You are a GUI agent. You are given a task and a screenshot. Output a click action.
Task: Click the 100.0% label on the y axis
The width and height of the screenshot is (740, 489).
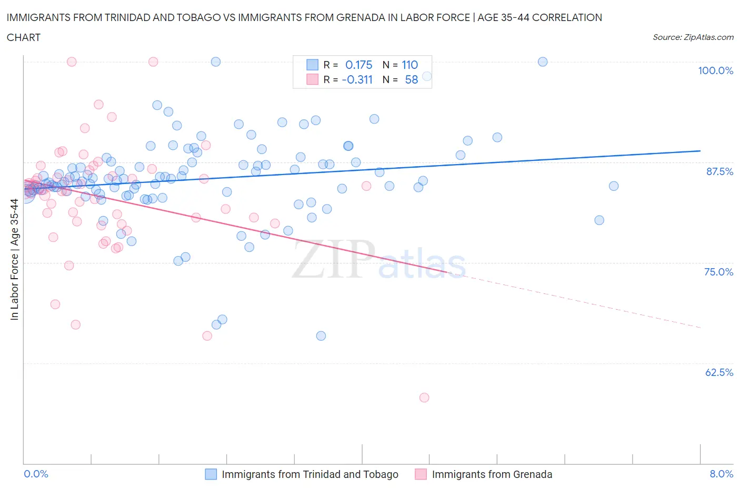715,70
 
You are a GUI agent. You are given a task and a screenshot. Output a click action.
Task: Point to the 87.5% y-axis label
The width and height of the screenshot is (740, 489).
719,171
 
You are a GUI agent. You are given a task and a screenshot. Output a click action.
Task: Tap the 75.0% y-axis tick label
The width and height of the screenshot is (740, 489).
718,272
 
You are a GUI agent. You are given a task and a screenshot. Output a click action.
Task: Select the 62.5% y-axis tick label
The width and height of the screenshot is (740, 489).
719,372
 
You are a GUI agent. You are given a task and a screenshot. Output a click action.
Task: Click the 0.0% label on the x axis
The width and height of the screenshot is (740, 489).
36,474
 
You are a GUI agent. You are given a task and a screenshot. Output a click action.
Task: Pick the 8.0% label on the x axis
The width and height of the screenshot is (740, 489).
721,474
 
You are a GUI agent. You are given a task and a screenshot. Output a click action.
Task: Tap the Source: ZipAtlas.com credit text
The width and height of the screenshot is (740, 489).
693,37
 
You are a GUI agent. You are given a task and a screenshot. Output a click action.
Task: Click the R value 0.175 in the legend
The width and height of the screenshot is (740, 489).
358,65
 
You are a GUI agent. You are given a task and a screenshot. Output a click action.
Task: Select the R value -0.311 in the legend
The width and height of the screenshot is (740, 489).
357,79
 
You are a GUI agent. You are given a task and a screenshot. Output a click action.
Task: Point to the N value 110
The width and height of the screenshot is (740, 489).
409,65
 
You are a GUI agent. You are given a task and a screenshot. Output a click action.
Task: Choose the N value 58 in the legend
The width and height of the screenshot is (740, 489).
411,79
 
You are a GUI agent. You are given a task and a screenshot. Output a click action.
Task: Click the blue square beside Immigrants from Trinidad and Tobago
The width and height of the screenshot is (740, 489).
211,474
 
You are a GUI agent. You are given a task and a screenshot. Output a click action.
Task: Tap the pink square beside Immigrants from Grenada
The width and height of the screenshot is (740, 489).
421,474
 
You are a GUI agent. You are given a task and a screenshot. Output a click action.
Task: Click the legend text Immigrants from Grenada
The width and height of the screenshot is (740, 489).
492,474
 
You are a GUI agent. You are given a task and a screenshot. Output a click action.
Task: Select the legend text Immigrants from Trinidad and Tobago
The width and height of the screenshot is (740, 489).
309,474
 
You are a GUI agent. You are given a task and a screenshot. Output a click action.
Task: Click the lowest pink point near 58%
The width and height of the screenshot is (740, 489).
424,398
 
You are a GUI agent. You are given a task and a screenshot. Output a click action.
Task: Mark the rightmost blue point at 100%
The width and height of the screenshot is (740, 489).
543,62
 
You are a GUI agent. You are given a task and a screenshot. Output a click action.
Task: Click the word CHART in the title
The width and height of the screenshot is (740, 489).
24,37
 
